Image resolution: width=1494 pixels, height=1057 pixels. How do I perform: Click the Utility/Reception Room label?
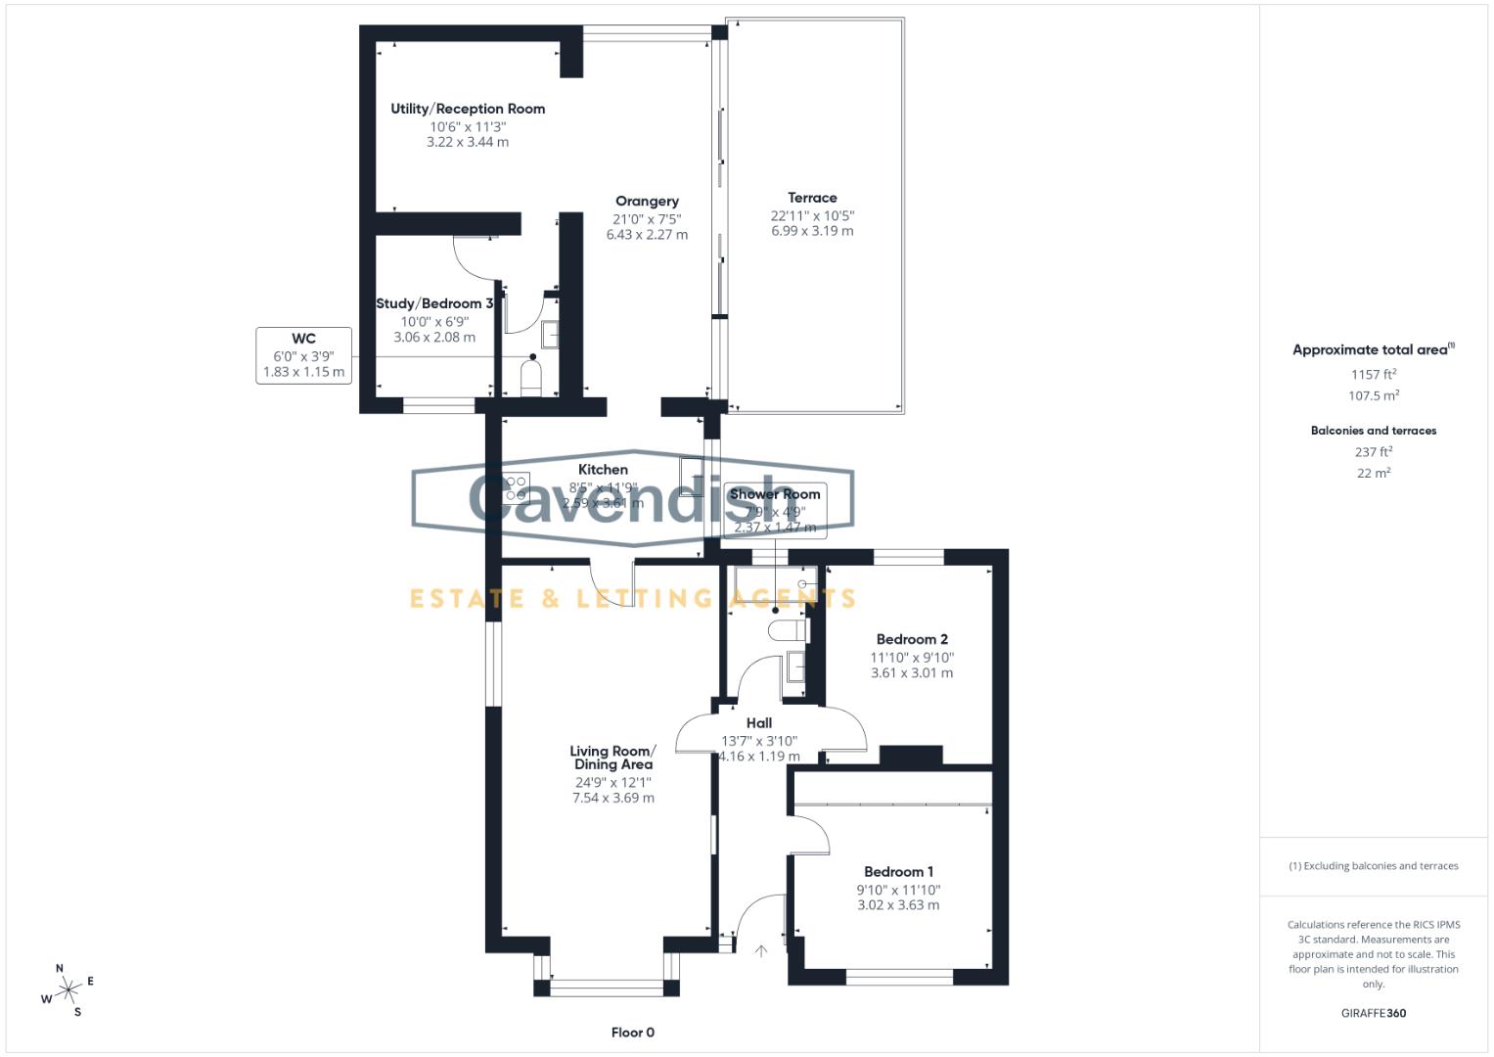(468, 109)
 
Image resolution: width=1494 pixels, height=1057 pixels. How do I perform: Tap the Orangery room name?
(647, 202)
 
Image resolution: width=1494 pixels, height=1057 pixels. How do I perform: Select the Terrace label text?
(812, 198)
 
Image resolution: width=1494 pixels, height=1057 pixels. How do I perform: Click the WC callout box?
(303, 355)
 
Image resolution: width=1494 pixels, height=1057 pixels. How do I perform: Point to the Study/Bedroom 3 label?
(434, 303)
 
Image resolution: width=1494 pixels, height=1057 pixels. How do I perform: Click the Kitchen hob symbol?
(516, 486)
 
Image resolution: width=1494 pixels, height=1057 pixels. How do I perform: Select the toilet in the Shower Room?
(787, 630)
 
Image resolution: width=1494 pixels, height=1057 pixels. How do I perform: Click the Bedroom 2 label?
(912, 639)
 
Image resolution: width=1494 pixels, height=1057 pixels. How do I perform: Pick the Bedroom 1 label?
(898, 872)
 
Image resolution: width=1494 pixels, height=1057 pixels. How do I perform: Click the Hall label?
(759, 723)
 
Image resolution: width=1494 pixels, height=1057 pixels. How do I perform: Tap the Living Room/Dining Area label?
(613, 758)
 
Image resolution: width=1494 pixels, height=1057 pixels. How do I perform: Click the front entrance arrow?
(761, 950)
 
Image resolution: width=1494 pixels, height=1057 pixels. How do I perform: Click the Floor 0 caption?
(632, 1033)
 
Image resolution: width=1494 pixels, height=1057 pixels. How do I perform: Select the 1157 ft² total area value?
(1373, 375)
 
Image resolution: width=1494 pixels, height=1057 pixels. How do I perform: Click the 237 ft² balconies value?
(1373, 452)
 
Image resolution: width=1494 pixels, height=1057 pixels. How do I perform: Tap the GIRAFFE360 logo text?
(1373, 1013)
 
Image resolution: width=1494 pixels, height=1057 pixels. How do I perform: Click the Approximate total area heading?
(1372, 350)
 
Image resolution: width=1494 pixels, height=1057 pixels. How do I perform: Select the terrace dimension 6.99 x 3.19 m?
(812, 232)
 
